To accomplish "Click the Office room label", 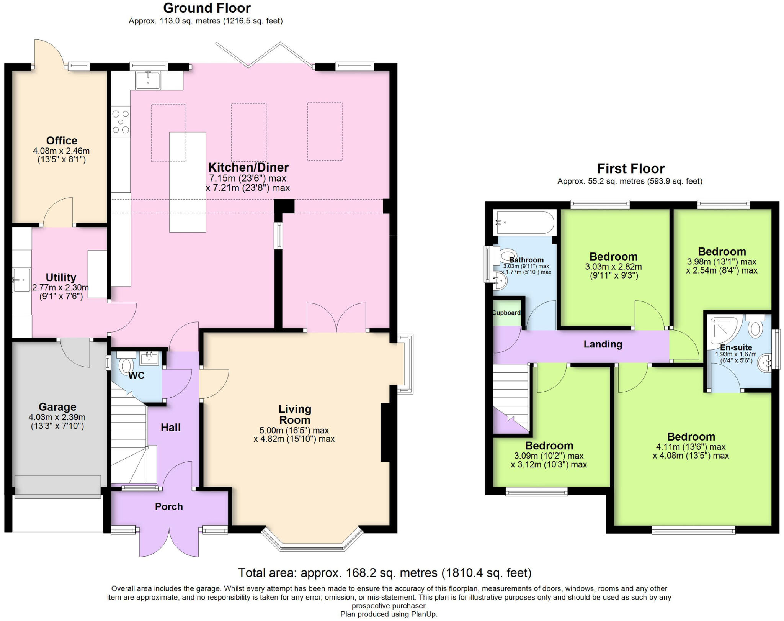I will point(62,141).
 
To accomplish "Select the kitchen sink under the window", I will point(148,80).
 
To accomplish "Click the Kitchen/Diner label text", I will point(248,167).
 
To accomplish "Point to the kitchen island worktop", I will point(188,182).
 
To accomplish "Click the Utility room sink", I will point(21,280).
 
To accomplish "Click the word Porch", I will point(169,506).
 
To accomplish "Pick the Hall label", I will point(170,428).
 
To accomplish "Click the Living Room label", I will point(294,415).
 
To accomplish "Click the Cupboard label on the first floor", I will point(506,313).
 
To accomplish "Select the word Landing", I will point(603,344).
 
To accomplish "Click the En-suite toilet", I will point(755,327).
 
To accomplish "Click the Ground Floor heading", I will point(207,8).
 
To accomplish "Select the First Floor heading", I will point(630,169).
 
